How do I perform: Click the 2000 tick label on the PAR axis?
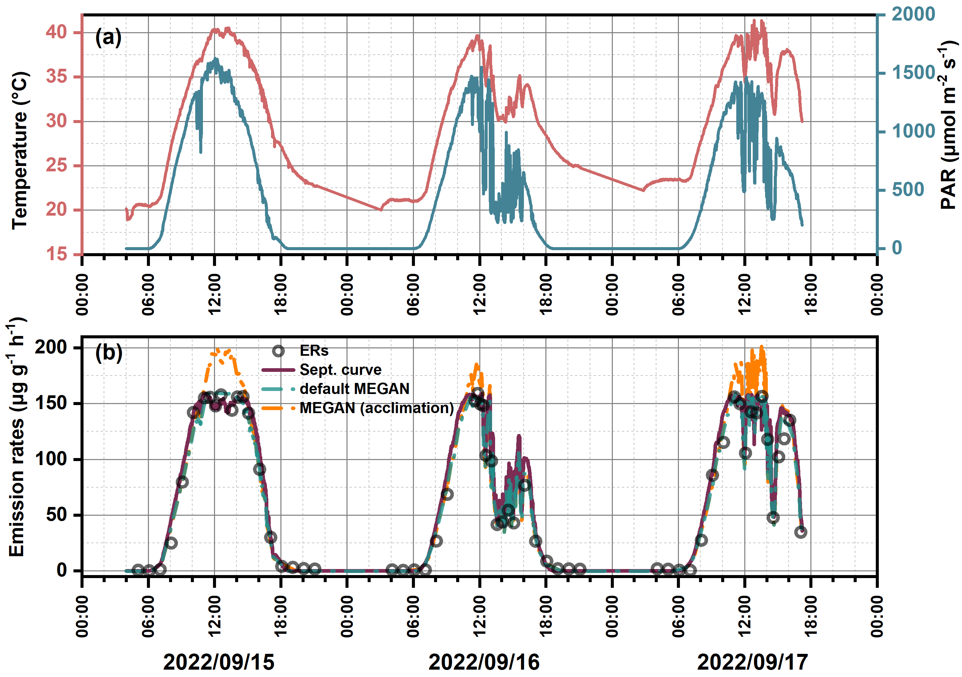pyautogui.click(x=913, y=14)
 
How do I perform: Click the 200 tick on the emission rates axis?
pyautogui.click(x=51, y=347)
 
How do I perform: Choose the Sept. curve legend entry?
pyautogui.click(x=340, y=370)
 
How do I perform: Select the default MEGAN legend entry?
pyautogui.click(x=355, y=389)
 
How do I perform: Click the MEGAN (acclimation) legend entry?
pyautogui.click(x=377, y=408)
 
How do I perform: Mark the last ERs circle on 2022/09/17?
pyautogui.click(x=800, y=532)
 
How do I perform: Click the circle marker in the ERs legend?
pyautogui.click(x=278, y=351)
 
